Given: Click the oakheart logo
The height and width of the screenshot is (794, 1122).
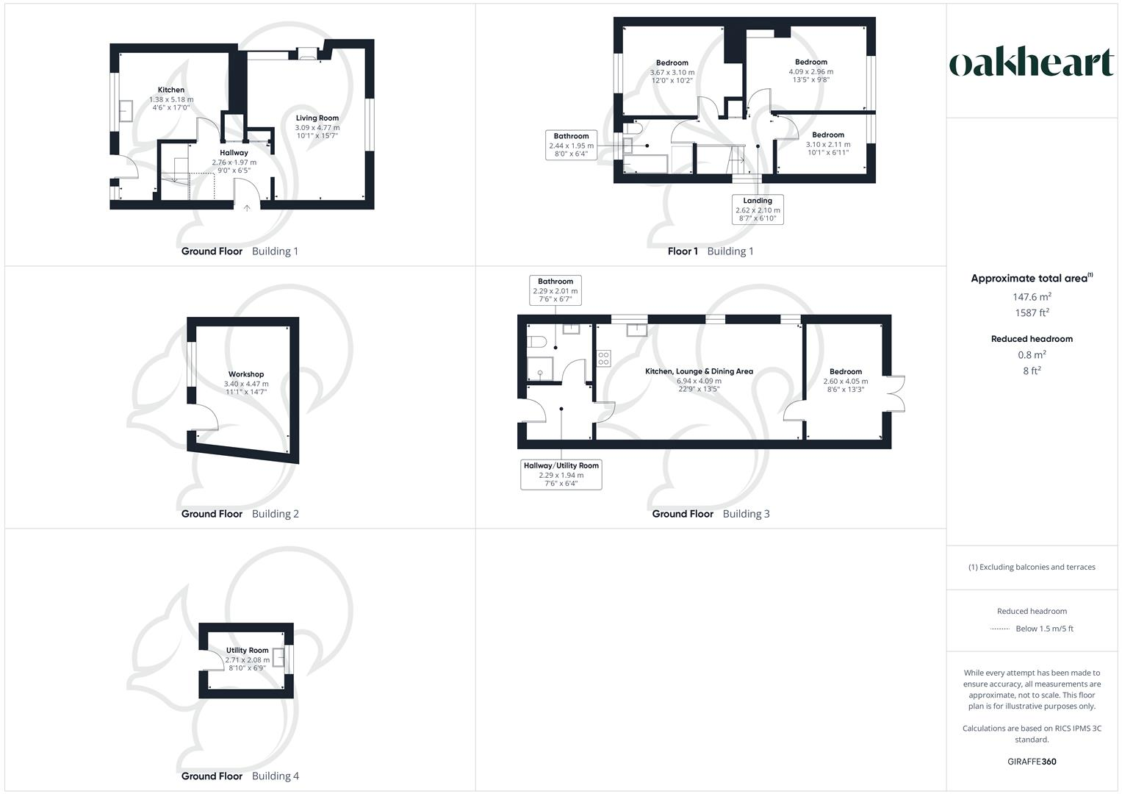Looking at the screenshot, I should (x=1031, y=63).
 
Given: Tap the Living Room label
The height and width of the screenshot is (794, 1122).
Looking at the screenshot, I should (x=317, y=118).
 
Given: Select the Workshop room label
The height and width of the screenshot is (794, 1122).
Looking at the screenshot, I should (x=246, y=374).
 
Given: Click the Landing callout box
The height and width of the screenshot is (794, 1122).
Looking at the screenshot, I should (x=758, y=210).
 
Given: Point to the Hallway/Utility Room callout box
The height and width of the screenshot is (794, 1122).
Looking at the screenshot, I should (x=561, y=475).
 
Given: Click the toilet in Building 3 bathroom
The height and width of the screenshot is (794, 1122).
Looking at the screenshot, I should (x=536, y=342).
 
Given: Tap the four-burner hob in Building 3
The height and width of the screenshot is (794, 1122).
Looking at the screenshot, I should (x=603, y=359).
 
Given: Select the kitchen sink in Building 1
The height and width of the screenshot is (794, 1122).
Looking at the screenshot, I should (x=125, y=110).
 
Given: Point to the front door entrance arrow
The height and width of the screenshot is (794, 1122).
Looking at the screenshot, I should (x=247, y=208).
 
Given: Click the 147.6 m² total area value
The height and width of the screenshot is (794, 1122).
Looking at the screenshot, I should (x=1032, y=297).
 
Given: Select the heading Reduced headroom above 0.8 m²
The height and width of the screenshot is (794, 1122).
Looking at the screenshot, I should (x=1032, y=339).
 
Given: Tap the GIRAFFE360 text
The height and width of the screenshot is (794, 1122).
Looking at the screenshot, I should (x=1032, y=762).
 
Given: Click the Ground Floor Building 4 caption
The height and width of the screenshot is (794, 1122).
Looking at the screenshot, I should (x=240, y=776).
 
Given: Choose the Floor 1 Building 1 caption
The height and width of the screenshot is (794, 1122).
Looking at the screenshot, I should (x=711, y=251).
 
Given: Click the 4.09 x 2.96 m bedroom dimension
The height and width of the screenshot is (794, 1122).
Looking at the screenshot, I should (x=811, y=72).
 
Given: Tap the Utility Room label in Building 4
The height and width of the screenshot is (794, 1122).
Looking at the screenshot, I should (x=248, y=651).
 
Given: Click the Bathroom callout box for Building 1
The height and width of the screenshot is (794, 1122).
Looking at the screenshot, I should (x=571, y=145).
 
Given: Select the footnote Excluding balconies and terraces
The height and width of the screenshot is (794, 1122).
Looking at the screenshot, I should (x=1032, y=567).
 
